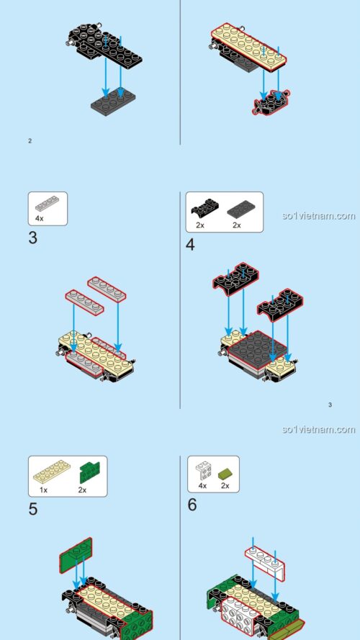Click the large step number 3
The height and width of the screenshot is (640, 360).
(x=33, y=238)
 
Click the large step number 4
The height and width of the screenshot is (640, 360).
(x=190, y=244)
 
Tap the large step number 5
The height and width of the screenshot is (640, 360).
(x=33, y=509)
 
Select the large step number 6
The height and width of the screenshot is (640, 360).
(x=192, y=504)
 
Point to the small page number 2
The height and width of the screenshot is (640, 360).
(x=30, y=140)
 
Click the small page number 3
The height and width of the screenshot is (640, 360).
(x=330, y=405)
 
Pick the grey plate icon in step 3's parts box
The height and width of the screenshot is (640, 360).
(x=47, y=204)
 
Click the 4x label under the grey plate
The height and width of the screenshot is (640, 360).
(x=40, y=217)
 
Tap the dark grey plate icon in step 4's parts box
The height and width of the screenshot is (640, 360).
(x=240, y=209)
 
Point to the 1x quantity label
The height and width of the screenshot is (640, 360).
(x=43, y=490)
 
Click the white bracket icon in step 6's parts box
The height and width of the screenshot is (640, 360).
(x=204, y=472)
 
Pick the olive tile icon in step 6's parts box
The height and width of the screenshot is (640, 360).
(x=225, y=472)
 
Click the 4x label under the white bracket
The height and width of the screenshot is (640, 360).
(x=202, y=486)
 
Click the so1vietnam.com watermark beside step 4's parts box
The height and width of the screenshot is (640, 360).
(x=319, y=215)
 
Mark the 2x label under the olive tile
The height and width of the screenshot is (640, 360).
(x=225, y=486)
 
